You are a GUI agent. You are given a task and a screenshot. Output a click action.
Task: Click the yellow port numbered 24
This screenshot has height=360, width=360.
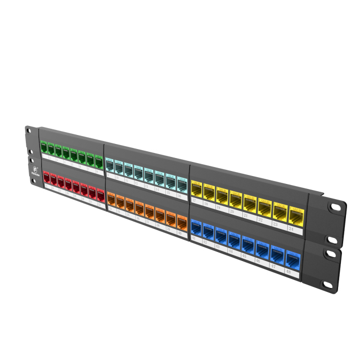296,214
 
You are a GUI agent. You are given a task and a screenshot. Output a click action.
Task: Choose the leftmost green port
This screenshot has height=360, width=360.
44,148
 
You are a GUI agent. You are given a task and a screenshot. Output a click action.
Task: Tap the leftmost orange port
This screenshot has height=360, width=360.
111,200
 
